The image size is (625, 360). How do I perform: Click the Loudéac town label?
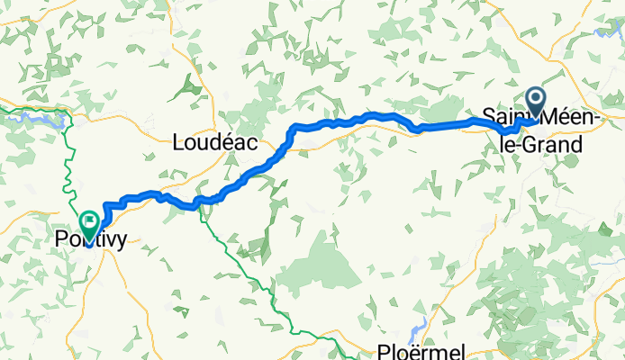pos(214,141)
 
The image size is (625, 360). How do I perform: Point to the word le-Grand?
pos(540,142)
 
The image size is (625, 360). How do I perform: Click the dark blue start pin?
pos(535,102)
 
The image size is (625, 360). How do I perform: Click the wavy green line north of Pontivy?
pos(68,162)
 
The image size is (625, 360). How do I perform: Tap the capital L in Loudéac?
pos(177,141)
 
